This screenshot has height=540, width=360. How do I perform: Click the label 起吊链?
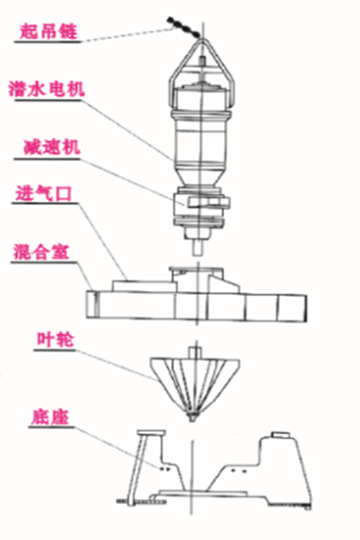click(48, 32)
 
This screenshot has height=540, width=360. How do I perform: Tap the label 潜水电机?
click(47, 89)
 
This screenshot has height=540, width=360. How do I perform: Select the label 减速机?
click(52, 148)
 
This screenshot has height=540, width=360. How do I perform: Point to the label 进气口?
click(44, 193)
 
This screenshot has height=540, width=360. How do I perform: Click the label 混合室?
click(41, 252)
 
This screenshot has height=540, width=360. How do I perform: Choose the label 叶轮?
click(55, 340)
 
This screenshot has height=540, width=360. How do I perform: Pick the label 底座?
click(50, 418)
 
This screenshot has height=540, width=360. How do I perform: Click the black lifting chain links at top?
click(183, 26)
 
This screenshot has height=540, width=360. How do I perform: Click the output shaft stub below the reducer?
click(198, 248)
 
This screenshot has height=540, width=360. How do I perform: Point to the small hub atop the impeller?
click(195, 353)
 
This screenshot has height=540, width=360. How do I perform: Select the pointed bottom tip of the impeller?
click(193, 418)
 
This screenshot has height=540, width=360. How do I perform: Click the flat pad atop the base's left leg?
click(151, 433)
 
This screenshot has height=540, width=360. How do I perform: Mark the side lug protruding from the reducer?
click(209, 202)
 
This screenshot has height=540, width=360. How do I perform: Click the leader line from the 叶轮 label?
click(116, 365)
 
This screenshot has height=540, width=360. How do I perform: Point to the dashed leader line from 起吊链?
click(127, 35)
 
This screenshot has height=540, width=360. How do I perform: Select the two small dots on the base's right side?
click(239, 470)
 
